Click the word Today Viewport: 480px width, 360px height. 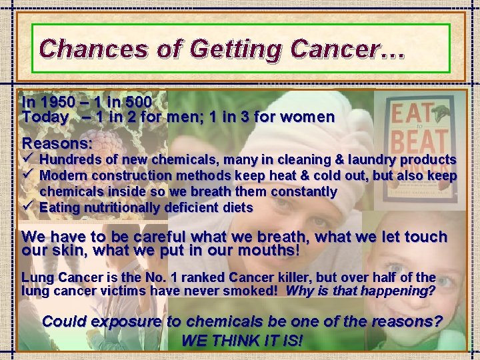(45, 117)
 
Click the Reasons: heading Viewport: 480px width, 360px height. (57, 143)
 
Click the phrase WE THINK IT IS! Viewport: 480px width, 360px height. (241, 341)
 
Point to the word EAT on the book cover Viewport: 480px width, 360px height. (408, 112)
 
